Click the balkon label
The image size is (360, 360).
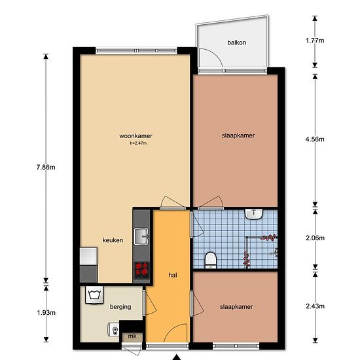click(237, 43)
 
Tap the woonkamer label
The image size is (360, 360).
click(135, 136)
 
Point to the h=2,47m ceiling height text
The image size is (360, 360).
click(138, 143)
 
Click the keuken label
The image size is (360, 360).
click(113, 240)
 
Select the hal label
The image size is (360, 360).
click(173, 275)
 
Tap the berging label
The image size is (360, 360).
click(120, 307)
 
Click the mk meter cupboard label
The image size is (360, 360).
click(132, 336)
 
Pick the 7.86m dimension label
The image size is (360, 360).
click(46, 167)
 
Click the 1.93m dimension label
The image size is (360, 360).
click(46, 312)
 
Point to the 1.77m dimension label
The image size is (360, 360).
click(315, 41)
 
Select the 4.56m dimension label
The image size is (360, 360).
click(315, 139)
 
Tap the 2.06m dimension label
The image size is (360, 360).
click(315, 238)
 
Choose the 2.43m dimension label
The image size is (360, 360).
click(315, 306)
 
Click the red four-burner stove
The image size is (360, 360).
click(141, 270)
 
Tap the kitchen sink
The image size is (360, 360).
click(141, 236)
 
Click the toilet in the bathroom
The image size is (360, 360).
click(211, 260)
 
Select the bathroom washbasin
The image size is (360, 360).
click(254, 214)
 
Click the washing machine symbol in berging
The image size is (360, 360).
click(94, 295)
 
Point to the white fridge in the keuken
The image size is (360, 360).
click(88, 256)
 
